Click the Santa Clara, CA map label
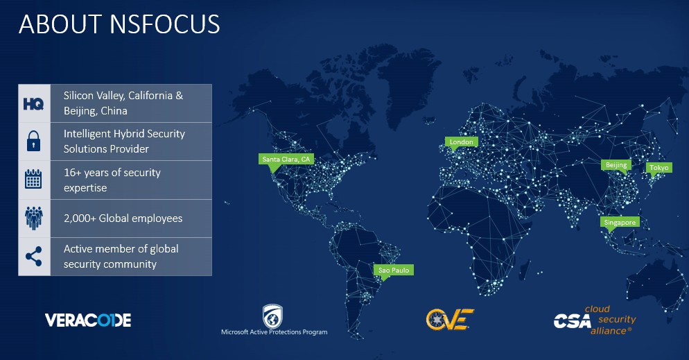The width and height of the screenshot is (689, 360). tap(286, 160)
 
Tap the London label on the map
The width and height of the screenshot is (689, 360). tap(462, 142)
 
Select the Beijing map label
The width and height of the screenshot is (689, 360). tap(616, 165)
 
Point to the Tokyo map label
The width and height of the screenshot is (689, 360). tap(659, 167)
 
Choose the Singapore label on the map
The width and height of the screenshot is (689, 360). tap(620, 223)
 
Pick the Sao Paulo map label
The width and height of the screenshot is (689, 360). tap(393, 270)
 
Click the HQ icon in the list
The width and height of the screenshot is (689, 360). tap(34, 104)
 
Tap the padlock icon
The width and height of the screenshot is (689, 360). tap(34, 141)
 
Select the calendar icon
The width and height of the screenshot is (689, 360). tap(33, 180)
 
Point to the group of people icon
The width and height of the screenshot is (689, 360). tap(34, 218)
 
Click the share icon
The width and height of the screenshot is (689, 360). tap(34, 256)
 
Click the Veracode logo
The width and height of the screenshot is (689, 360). tap(88, 320)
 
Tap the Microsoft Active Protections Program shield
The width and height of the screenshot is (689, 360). tap(272, 316)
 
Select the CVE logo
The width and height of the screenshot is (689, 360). tap(450, 319)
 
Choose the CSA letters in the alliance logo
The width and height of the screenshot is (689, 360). tap(572, 321)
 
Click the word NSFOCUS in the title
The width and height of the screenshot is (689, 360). tap(165, 24)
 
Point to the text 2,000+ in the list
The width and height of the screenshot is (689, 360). tap(80, 218)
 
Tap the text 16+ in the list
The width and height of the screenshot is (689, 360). tap(73, 172)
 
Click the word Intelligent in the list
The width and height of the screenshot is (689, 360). tap(86, 134)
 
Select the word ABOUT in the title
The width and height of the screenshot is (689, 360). tap(60, 24)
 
